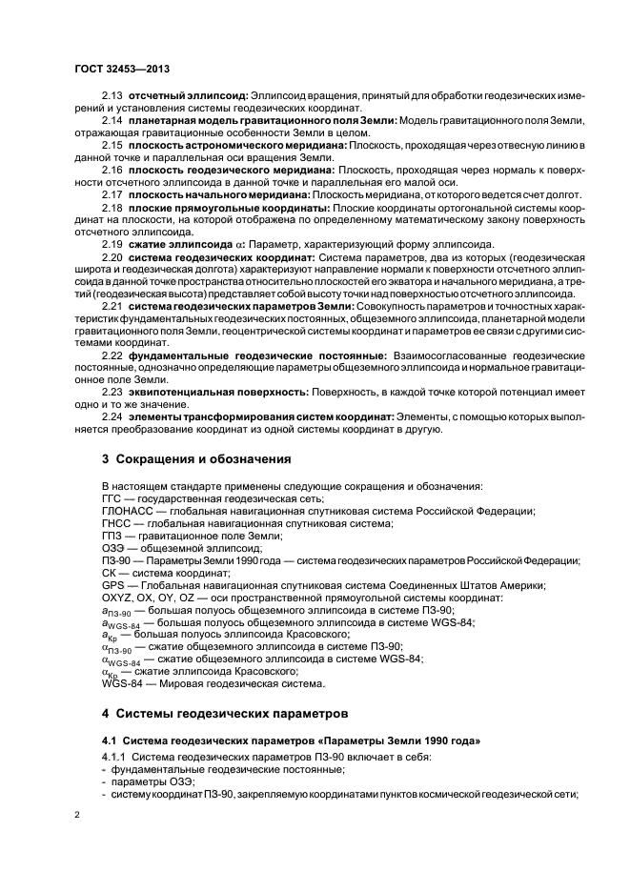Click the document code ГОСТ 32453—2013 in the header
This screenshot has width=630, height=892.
[115, 70]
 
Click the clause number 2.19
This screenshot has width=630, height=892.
[112, 243]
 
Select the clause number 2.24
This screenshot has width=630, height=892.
[112, 443]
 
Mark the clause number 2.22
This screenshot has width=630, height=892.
[112, 379]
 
